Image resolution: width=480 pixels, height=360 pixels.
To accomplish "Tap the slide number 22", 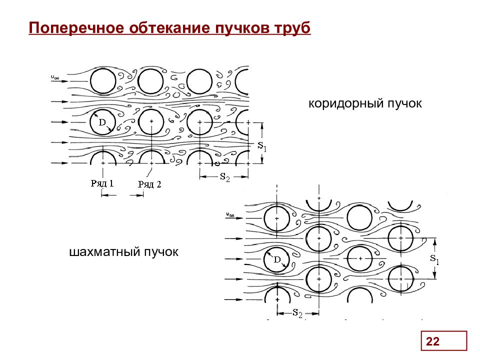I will click(x=432, y=342).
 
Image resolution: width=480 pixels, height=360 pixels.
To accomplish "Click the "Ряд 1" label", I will click(x=102, y=183).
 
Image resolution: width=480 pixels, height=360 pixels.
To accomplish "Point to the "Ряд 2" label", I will click(x=149, y=184).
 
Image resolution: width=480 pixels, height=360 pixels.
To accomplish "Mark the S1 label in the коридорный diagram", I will click(x=262, y=146).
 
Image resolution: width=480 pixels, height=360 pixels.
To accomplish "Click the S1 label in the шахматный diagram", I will click(x=434, y=259).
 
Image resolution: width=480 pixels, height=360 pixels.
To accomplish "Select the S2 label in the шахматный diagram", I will click(x=297, y=313).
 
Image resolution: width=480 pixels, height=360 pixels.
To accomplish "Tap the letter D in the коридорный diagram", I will click(x=102, y=122).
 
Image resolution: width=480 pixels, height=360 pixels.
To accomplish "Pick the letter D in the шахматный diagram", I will click(x=276, y=259).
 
